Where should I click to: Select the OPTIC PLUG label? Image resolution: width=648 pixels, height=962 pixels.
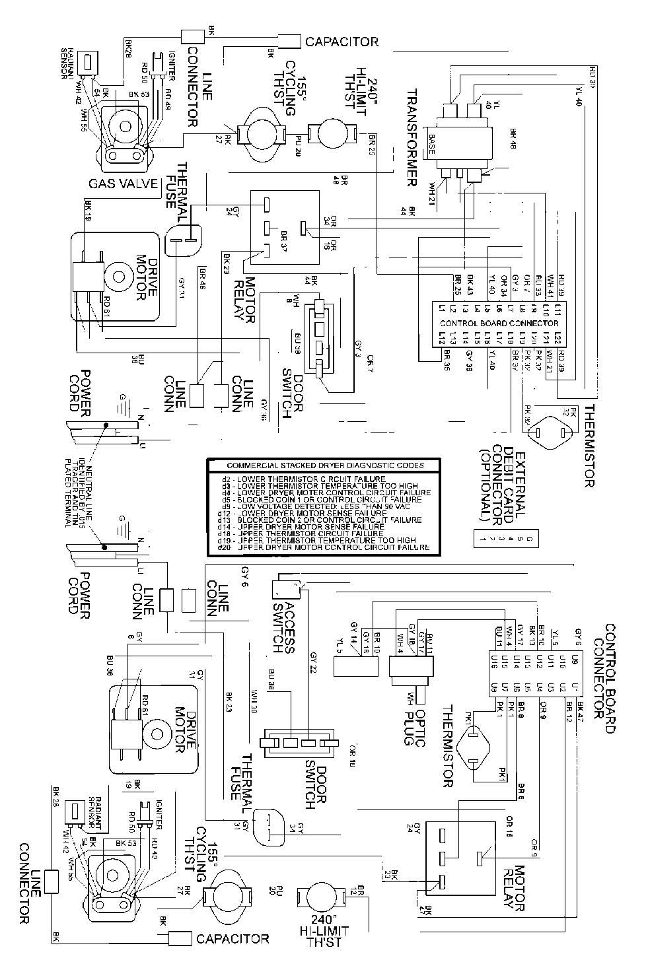414,718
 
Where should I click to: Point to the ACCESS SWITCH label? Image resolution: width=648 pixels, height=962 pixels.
283,617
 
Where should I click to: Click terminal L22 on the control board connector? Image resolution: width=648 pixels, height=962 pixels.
558,337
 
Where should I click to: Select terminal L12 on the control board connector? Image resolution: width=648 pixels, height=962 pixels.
441,337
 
